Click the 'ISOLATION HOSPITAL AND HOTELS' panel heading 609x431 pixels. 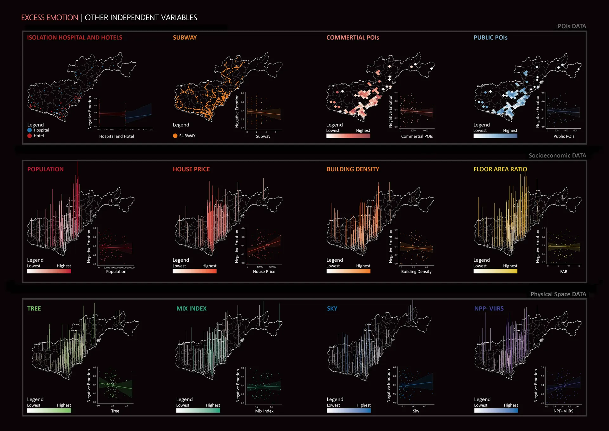(x=75, y=37)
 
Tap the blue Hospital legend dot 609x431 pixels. (x=29, y=130)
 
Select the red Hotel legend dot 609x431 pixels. (x=29, y=136)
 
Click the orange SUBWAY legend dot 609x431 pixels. (x=175, y=136)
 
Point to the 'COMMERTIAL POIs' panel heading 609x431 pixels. (x=353, y=37)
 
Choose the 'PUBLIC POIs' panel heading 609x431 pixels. (x=490, y=37)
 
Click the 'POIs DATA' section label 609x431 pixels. (x=572, y=26)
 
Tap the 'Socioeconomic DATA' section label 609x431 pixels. (x=557, y=155)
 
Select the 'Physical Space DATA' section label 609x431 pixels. (x=558, y=294)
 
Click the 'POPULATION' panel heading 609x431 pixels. (x=45, y=169)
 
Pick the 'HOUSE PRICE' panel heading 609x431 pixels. (x=191, y=169)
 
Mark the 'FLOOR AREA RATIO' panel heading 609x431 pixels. (x=500, y=169)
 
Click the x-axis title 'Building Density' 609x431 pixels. (x=416, y=272)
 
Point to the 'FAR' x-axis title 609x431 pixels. (x=564, y=272)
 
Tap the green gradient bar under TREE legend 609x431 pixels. (x=49, y=410)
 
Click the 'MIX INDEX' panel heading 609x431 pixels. (x=191, y=308)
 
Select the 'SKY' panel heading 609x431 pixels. (x=332, y=308)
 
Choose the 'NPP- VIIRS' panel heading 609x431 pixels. (x=489, y=308)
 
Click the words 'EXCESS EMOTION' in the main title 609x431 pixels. (x=50, y=17)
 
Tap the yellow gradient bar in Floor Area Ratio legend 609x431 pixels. (x=495, y=271)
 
